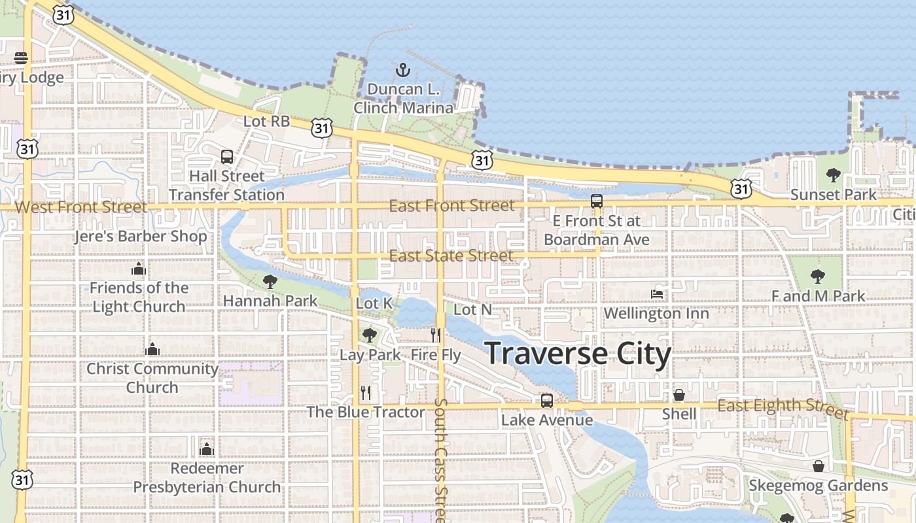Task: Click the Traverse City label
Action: (578, 354)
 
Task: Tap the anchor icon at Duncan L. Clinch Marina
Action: (403, 69)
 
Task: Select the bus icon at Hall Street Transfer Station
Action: (227, 157)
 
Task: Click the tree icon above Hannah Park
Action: (270, 282)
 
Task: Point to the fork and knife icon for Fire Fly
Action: (436, 335)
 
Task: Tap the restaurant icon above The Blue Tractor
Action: (366, 392)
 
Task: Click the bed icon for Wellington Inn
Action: (657, 294)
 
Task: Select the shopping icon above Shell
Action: (679, 395)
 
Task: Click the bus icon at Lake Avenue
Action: (547, 401)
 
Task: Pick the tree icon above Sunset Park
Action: (833, 175)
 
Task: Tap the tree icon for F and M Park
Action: (818, 277)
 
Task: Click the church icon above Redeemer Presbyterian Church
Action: (207, 449)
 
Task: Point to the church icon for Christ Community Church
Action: (152, 349)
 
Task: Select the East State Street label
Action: (451, 256)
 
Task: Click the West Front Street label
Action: (81, 207)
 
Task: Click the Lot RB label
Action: (266, 121)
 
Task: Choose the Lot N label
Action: (472, 309)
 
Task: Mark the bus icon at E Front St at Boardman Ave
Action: (597, 201)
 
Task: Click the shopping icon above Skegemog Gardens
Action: (818, 466)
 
